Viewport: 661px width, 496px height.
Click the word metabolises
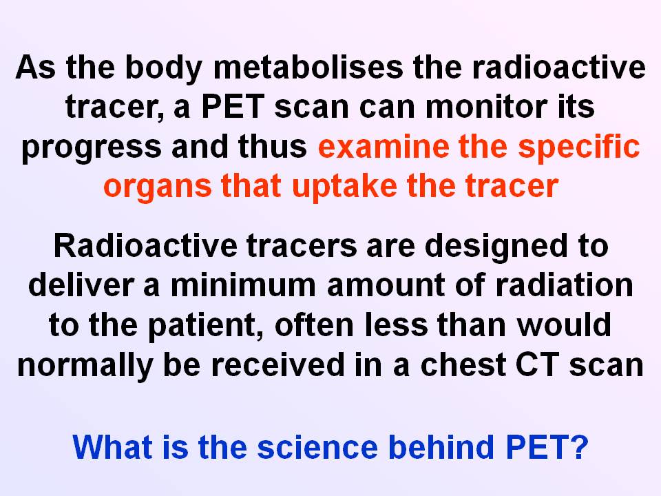[x=308, y=68]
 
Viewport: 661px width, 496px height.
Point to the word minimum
[x=243, y=285]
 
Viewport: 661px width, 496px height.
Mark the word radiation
[x=564, y=285]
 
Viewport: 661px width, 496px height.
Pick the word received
[x=278, y=364]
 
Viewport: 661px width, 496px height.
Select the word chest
[x=463, y=364]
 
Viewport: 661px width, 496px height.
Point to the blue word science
[x=317, y=447]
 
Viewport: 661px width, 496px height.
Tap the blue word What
[x=112, y=446]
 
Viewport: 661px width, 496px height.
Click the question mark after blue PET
[x=580, y=446]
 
